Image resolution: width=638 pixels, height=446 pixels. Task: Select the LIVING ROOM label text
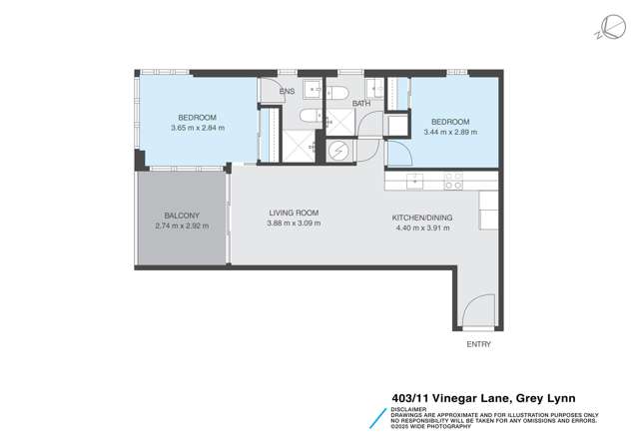click(x=293, y=213)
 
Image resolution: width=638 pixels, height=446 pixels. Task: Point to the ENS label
click(x=288, y=90)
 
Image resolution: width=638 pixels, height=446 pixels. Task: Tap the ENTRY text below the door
click(x=479, y=344)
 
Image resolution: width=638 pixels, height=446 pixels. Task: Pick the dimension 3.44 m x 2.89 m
click(x=450, y=131)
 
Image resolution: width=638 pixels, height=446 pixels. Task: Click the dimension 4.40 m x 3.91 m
click(x=423, y=228)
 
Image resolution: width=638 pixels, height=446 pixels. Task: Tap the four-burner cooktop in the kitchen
click(x=451, y=181)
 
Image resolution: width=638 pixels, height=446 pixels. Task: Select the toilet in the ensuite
click(x=334, y=94)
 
